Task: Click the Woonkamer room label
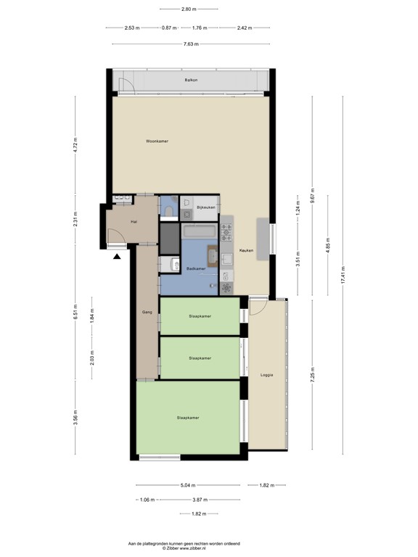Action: click(x=157, y=141)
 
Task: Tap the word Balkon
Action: click(x=191, y=80)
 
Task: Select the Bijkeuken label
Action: click(x=206, y=208)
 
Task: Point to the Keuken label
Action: click(x=246, y=250)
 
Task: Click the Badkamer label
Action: click(x=196, y=269)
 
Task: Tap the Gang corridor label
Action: click(x=146, y=312)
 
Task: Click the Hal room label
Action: click(x=134, y=221)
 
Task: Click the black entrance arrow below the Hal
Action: click(x=118, y=255)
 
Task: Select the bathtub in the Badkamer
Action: click(x=198, y=231)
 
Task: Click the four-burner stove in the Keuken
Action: click(x=226, y=232)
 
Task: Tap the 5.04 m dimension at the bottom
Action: click(x=187, y=485)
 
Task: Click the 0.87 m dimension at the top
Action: click(x=168, y=28)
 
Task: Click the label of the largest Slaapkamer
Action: click(x=188, y=418)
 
